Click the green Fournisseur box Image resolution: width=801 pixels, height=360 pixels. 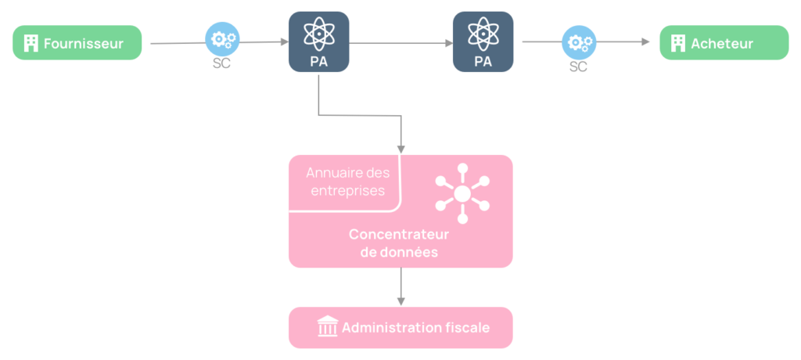[x=77, y=43]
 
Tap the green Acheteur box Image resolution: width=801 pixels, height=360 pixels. [x=724, y=43]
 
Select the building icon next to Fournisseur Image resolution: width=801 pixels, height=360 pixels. [x=31, y=43]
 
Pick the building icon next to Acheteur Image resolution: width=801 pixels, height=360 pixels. [x=677, y=43]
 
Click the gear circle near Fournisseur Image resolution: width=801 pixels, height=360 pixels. [x=221, y=38]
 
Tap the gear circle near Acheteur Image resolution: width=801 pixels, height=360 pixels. [x=578, y=41]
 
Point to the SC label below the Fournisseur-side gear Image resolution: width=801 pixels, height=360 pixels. [x=221, y=63]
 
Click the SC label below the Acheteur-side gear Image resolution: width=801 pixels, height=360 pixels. [x=578, y=67]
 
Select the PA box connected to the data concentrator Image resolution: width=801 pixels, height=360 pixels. [x=318, y=41]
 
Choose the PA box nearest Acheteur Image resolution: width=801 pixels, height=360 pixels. [x=483, y=41]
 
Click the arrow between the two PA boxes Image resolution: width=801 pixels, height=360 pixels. [x=400, y=42]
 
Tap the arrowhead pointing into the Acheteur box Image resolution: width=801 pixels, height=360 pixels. [x=646, y=42]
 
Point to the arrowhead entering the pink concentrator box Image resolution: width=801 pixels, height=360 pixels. [x=400, y=149]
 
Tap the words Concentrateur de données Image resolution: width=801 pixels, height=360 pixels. [x=393, y=243]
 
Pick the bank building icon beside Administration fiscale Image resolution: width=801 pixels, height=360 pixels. [x=326, y=327]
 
